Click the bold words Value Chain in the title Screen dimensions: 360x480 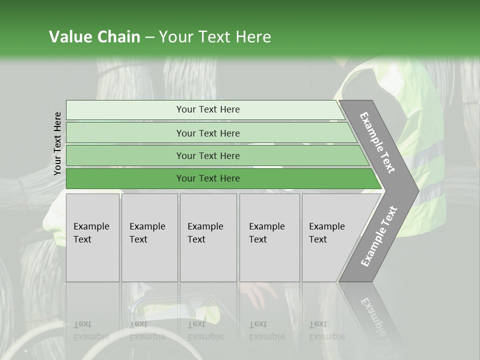94,37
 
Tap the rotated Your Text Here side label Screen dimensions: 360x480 57,143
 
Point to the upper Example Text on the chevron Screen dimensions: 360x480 377,143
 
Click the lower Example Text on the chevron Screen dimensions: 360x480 379,236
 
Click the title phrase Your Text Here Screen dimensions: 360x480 215,37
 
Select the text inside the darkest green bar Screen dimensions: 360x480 208,178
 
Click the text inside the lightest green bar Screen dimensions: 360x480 208,109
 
